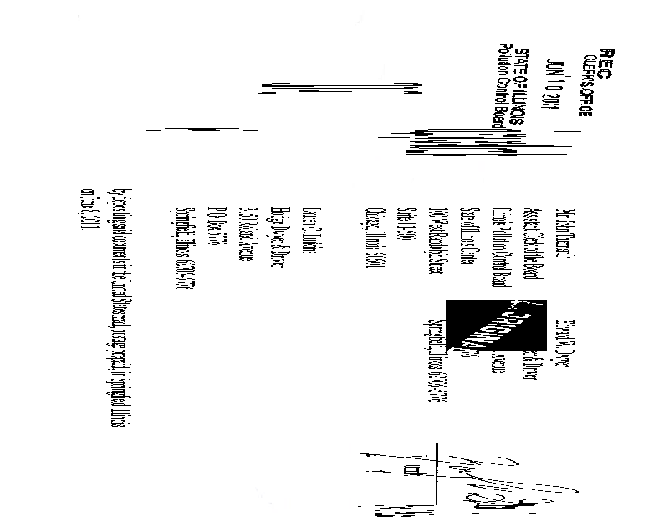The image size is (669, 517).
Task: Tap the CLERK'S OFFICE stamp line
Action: (586, 84)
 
